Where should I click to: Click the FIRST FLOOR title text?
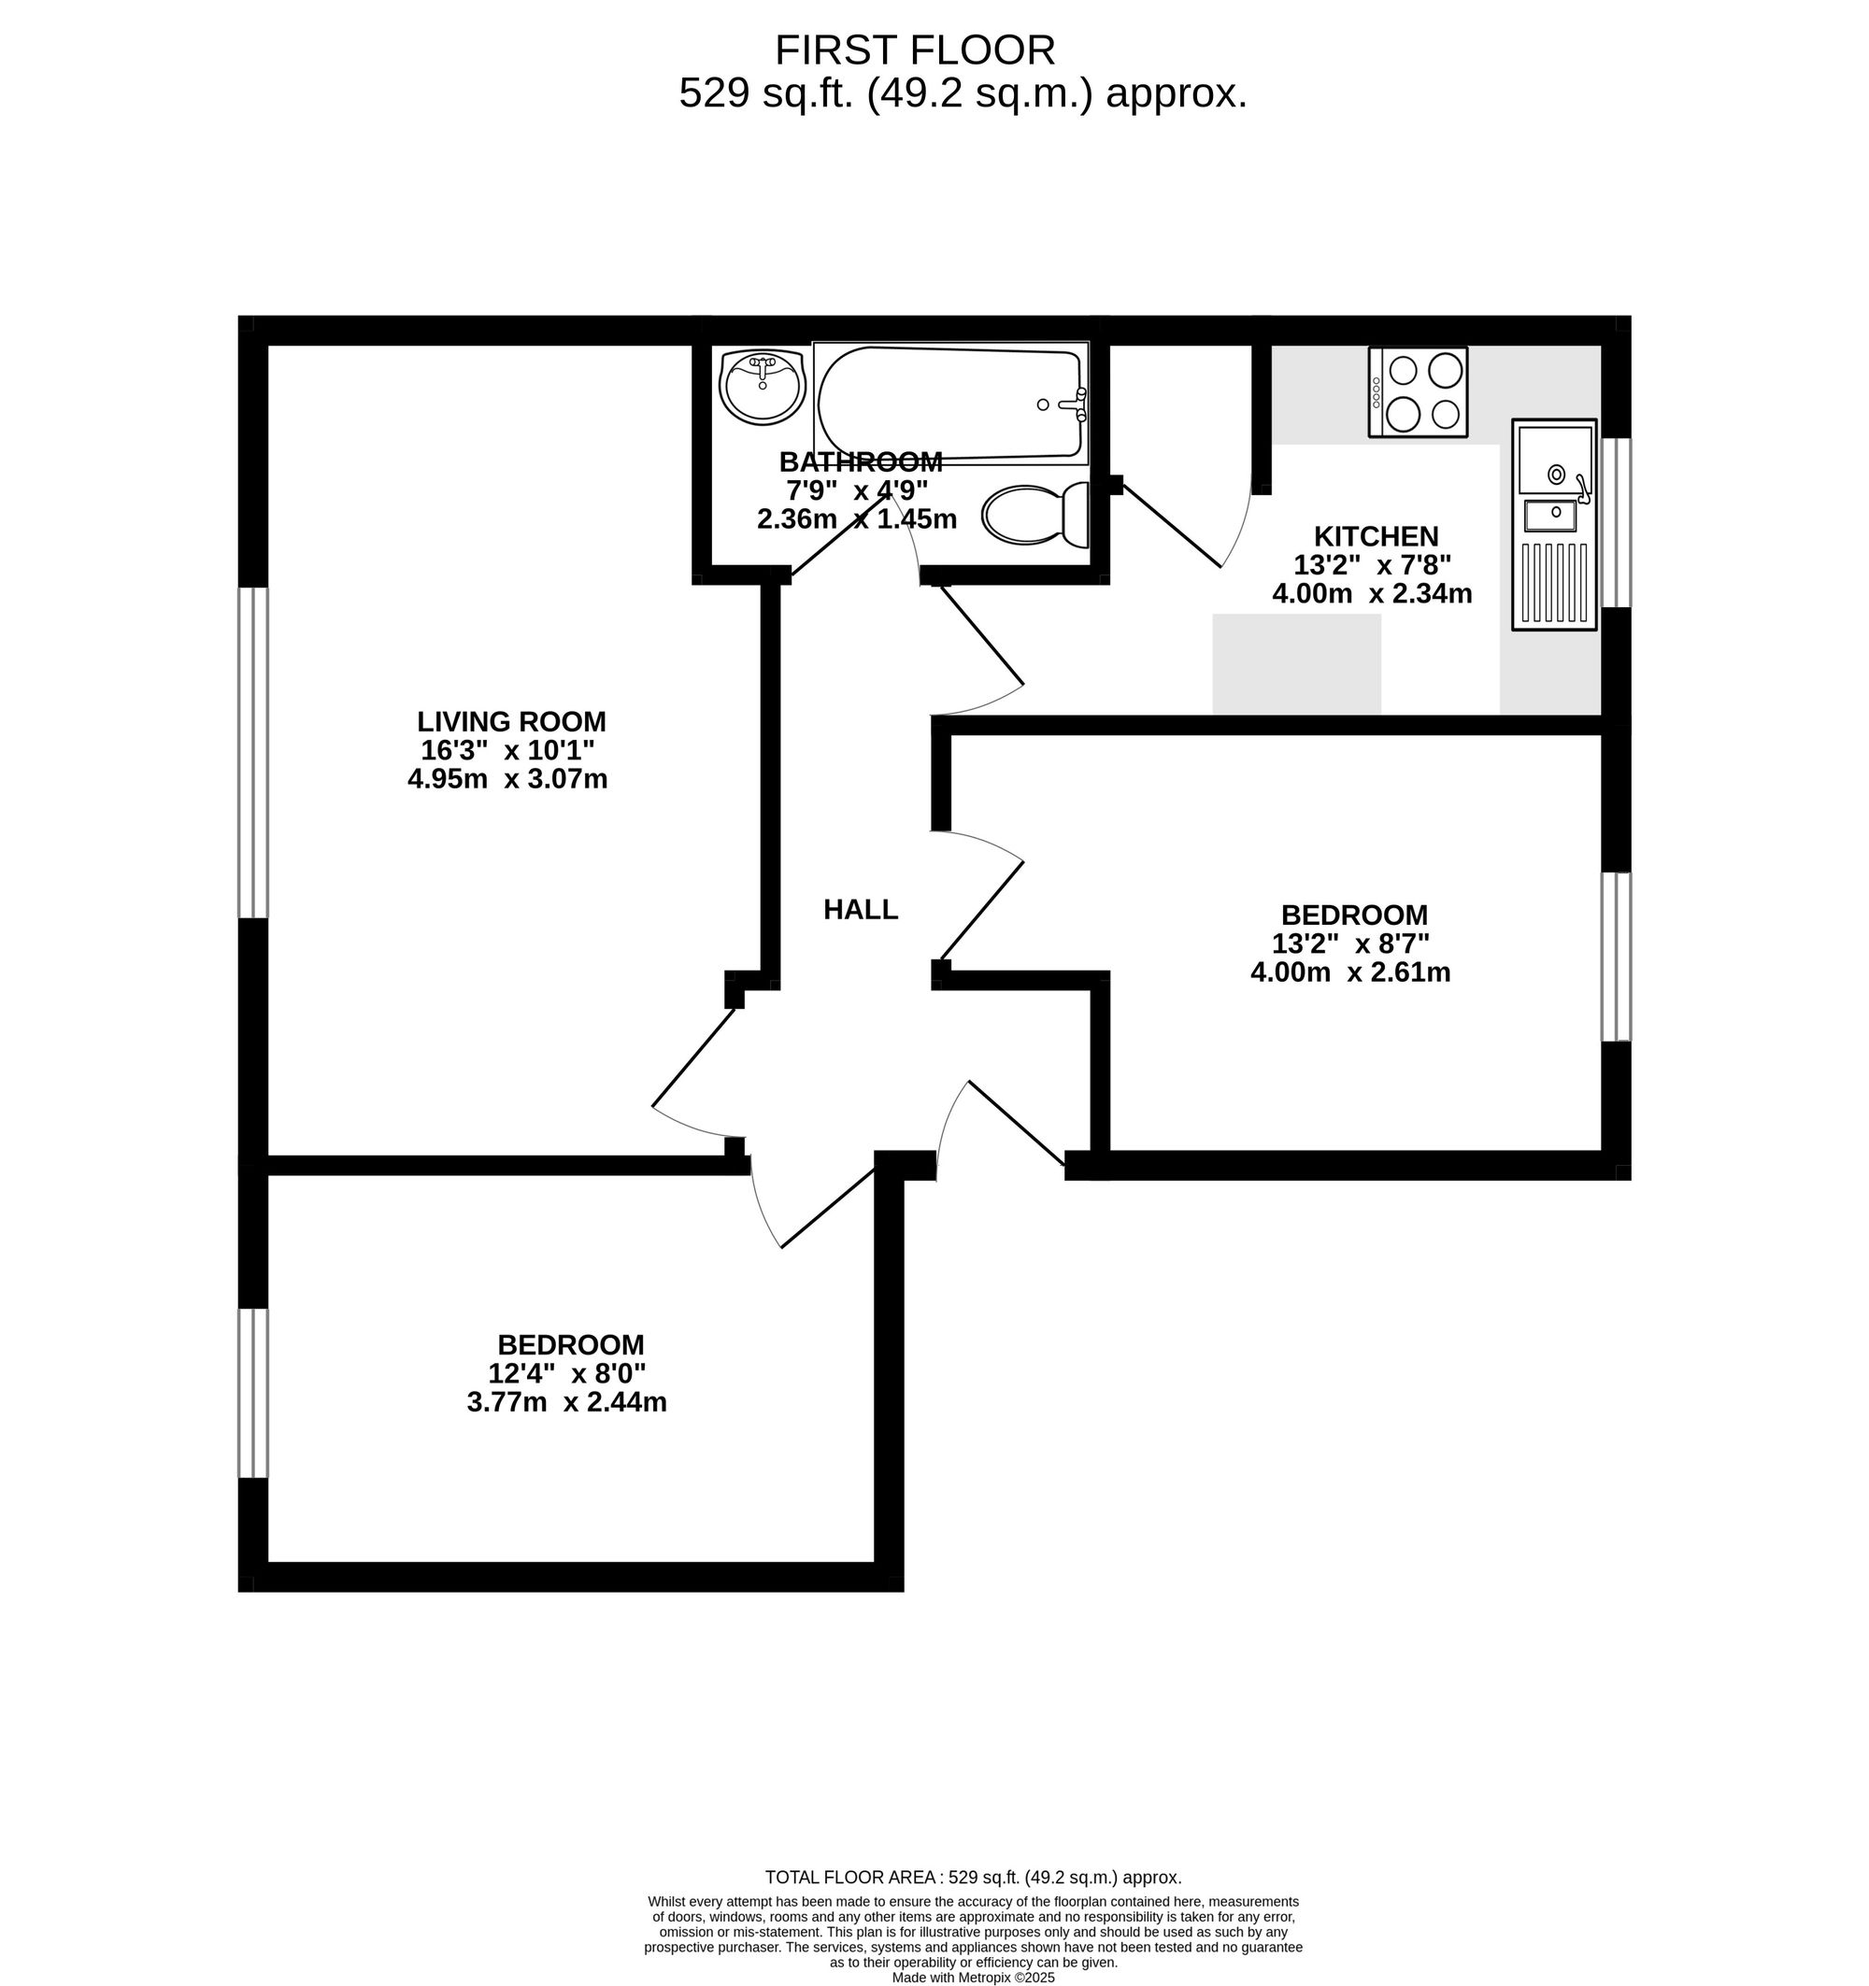click(915, 50)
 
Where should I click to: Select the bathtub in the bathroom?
click(950, 403)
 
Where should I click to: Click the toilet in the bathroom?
click(1035, 516)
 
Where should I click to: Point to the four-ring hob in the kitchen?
click(1419, 391)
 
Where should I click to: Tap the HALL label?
click(861, 909)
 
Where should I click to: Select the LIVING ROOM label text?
click(512, 721)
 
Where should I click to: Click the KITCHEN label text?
click(1377, 536)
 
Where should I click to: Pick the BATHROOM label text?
click(861, 461)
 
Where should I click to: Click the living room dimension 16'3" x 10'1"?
click(508, 749)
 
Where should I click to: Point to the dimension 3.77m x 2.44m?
click(566, 1401)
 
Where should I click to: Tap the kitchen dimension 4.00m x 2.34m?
click(1372, 593)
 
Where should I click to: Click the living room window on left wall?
click(253, 752)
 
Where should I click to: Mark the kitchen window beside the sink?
click(1616, 522)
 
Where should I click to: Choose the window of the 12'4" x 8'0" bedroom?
click(253, 1393)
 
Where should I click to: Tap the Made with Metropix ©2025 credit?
click(974, 1977)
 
